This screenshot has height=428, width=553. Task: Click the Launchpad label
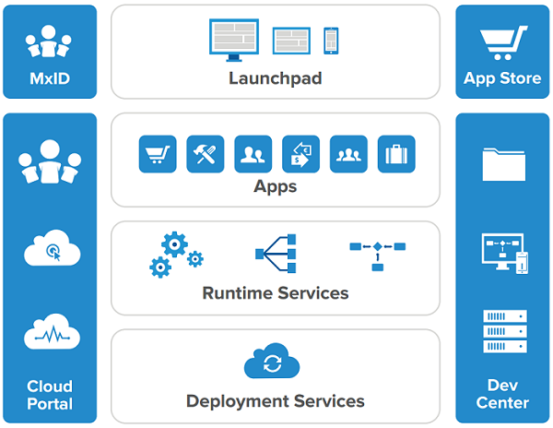(276, 78)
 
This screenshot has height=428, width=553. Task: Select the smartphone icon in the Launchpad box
(331, 40)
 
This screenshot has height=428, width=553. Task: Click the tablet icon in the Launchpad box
(291, 40)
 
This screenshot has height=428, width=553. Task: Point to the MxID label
(49, 78)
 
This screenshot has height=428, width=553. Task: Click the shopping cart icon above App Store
(502, 42)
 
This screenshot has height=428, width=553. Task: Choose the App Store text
(502, 78)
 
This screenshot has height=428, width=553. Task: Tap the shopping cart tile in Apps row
(158, 154)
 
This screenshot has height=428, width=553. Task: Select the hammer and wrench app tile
(206, 154)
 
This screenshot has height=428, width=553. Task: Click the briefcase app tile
(396, 154)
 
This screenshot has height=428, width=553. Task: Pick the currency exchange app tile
(300, 154)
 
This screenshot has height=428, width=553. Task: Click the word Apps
(276, 187)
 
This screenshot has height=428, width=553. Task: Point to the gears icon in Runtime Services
(176, 255)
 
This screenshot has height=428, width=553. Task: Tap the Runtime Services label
(276, 293)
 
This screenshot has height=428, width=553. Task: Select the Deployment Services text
(276, 401)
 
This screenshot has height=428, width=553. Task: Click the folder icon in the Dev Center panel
(502, 164)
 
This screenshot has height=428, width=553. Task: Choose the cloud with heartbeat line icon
(50, 333)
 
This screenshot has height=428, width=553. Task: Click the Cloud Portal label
(50, 394)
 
